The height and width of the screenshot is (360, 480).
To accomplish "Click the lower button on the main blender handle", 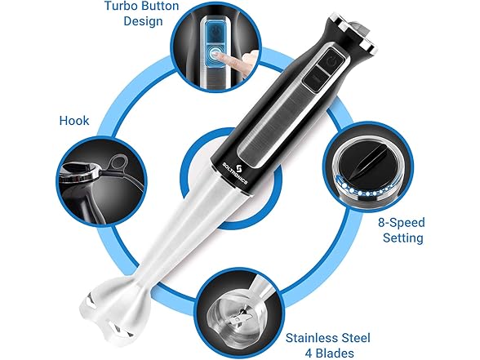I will (x=317, y=82).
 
